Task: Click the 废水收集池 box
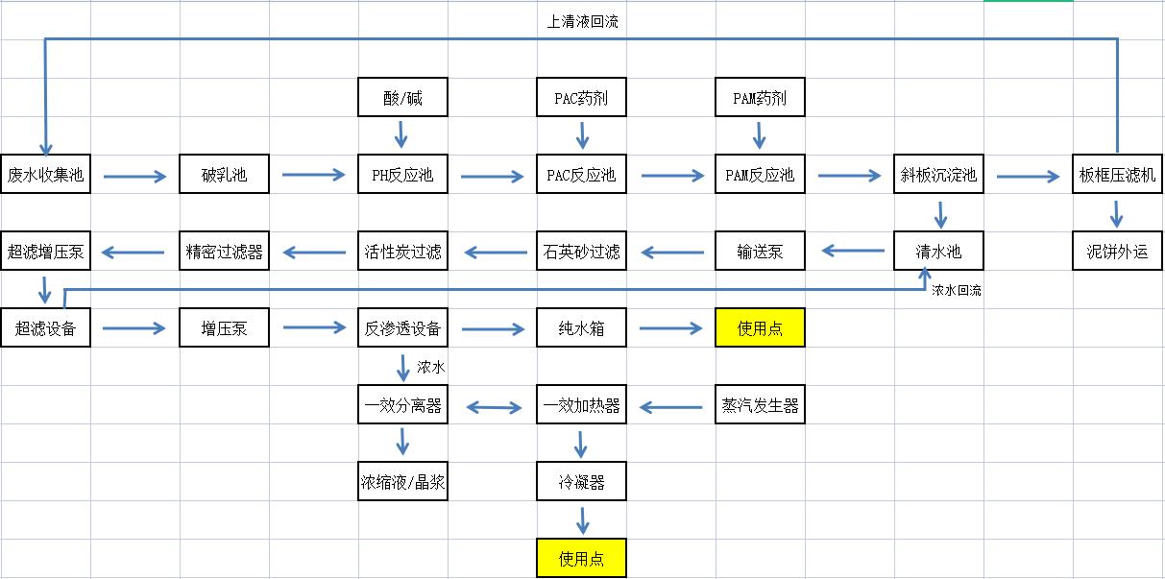click(45, 175)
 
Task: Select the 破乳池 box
click(224, 175)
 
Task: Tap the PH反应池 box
click(402, 175)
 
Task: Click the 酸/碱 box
click(402, 98)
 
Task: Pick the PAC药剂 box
click(581, 98)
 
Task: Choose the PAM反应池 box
click(760, 175)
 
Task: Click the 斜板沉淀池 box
click(938, 175)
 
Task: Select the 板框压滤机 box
click(1117, 175)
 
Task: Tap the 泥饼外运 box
click(1117, 252)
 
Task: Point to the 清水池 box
click(938, 252)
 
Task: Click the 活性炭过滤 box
click(402, 252)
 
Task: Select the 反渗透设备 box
click(402, 328)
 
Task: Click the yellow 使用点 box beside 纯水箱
click(760, 328)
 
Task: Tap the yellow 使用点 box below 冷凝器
click(581, 559)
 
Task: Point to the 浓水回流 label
click(956, 290)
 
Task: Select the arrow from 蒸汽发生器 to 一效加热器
click(670, 407)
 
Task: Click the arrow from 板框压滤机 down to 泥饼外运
click(1117, 213)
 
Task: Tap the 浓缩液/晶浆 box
click(402, 482)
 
